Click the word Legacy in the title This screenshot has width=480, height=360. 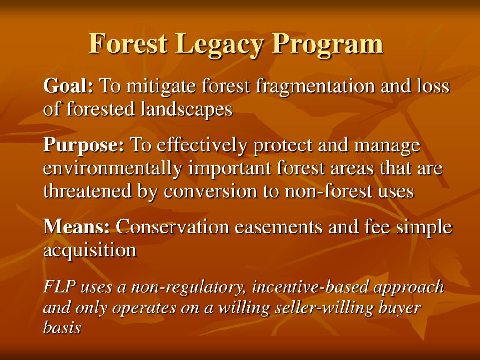pyautogui.click(x=221, y=44)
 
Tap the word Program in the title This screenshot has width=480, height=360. pyautogui.click(x=328, y=44)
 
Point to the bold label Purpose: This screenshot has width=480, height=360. pyautogui.click(x=83, y=145)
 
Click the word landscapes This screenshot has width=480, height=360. pyautogui.click(x=186, y=109)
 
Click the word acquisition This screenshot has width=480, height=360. pyautogui.click(x=90, y=250)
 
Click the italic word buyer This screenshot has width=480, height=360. pyautogui.click(x=402, y=307)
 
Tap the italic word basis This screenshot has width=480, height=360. pyautogui.click(x=62, y=328)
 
